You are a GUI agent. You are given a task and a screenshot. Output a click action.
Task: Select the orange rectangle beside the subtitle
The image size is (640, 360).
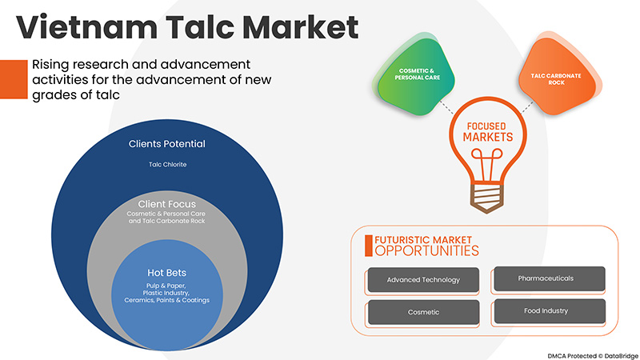click(12, 78)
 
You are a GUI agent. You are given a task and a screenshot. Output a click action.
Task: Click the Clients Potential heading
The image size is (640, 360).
click(167, 145)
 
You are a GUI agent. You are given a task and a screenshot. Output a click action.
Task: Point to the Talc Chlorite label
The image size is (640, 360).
click(167, 166)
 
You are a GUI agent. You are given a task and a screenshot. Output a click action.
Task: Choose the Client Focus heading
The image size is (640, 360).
click(167, 204)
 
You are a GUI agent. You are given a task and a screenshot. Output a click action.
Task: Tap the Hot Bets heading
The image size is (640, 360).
click(167, 272)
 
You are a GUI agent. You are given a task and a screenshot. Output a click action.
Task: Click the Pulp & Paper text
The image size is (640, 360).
click(167, 285)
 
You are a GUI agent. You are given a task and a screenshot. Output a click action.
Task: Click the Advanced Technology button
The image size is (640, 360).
click(423, 281)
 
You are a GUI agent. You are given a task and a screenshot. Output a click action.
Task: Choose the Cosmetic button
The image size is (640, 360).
click(423, 311)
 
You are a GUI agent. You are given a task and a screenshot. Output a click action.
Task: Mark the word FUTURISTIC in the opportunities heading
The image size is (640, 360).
click(398, 239)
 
